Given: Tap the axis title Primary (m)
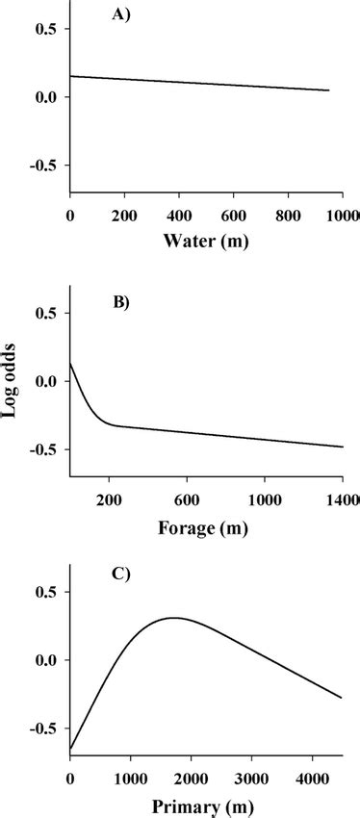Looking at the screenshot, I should tap(206, 805).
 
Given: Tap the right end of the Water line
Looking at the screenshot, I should tap(329, 90).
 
